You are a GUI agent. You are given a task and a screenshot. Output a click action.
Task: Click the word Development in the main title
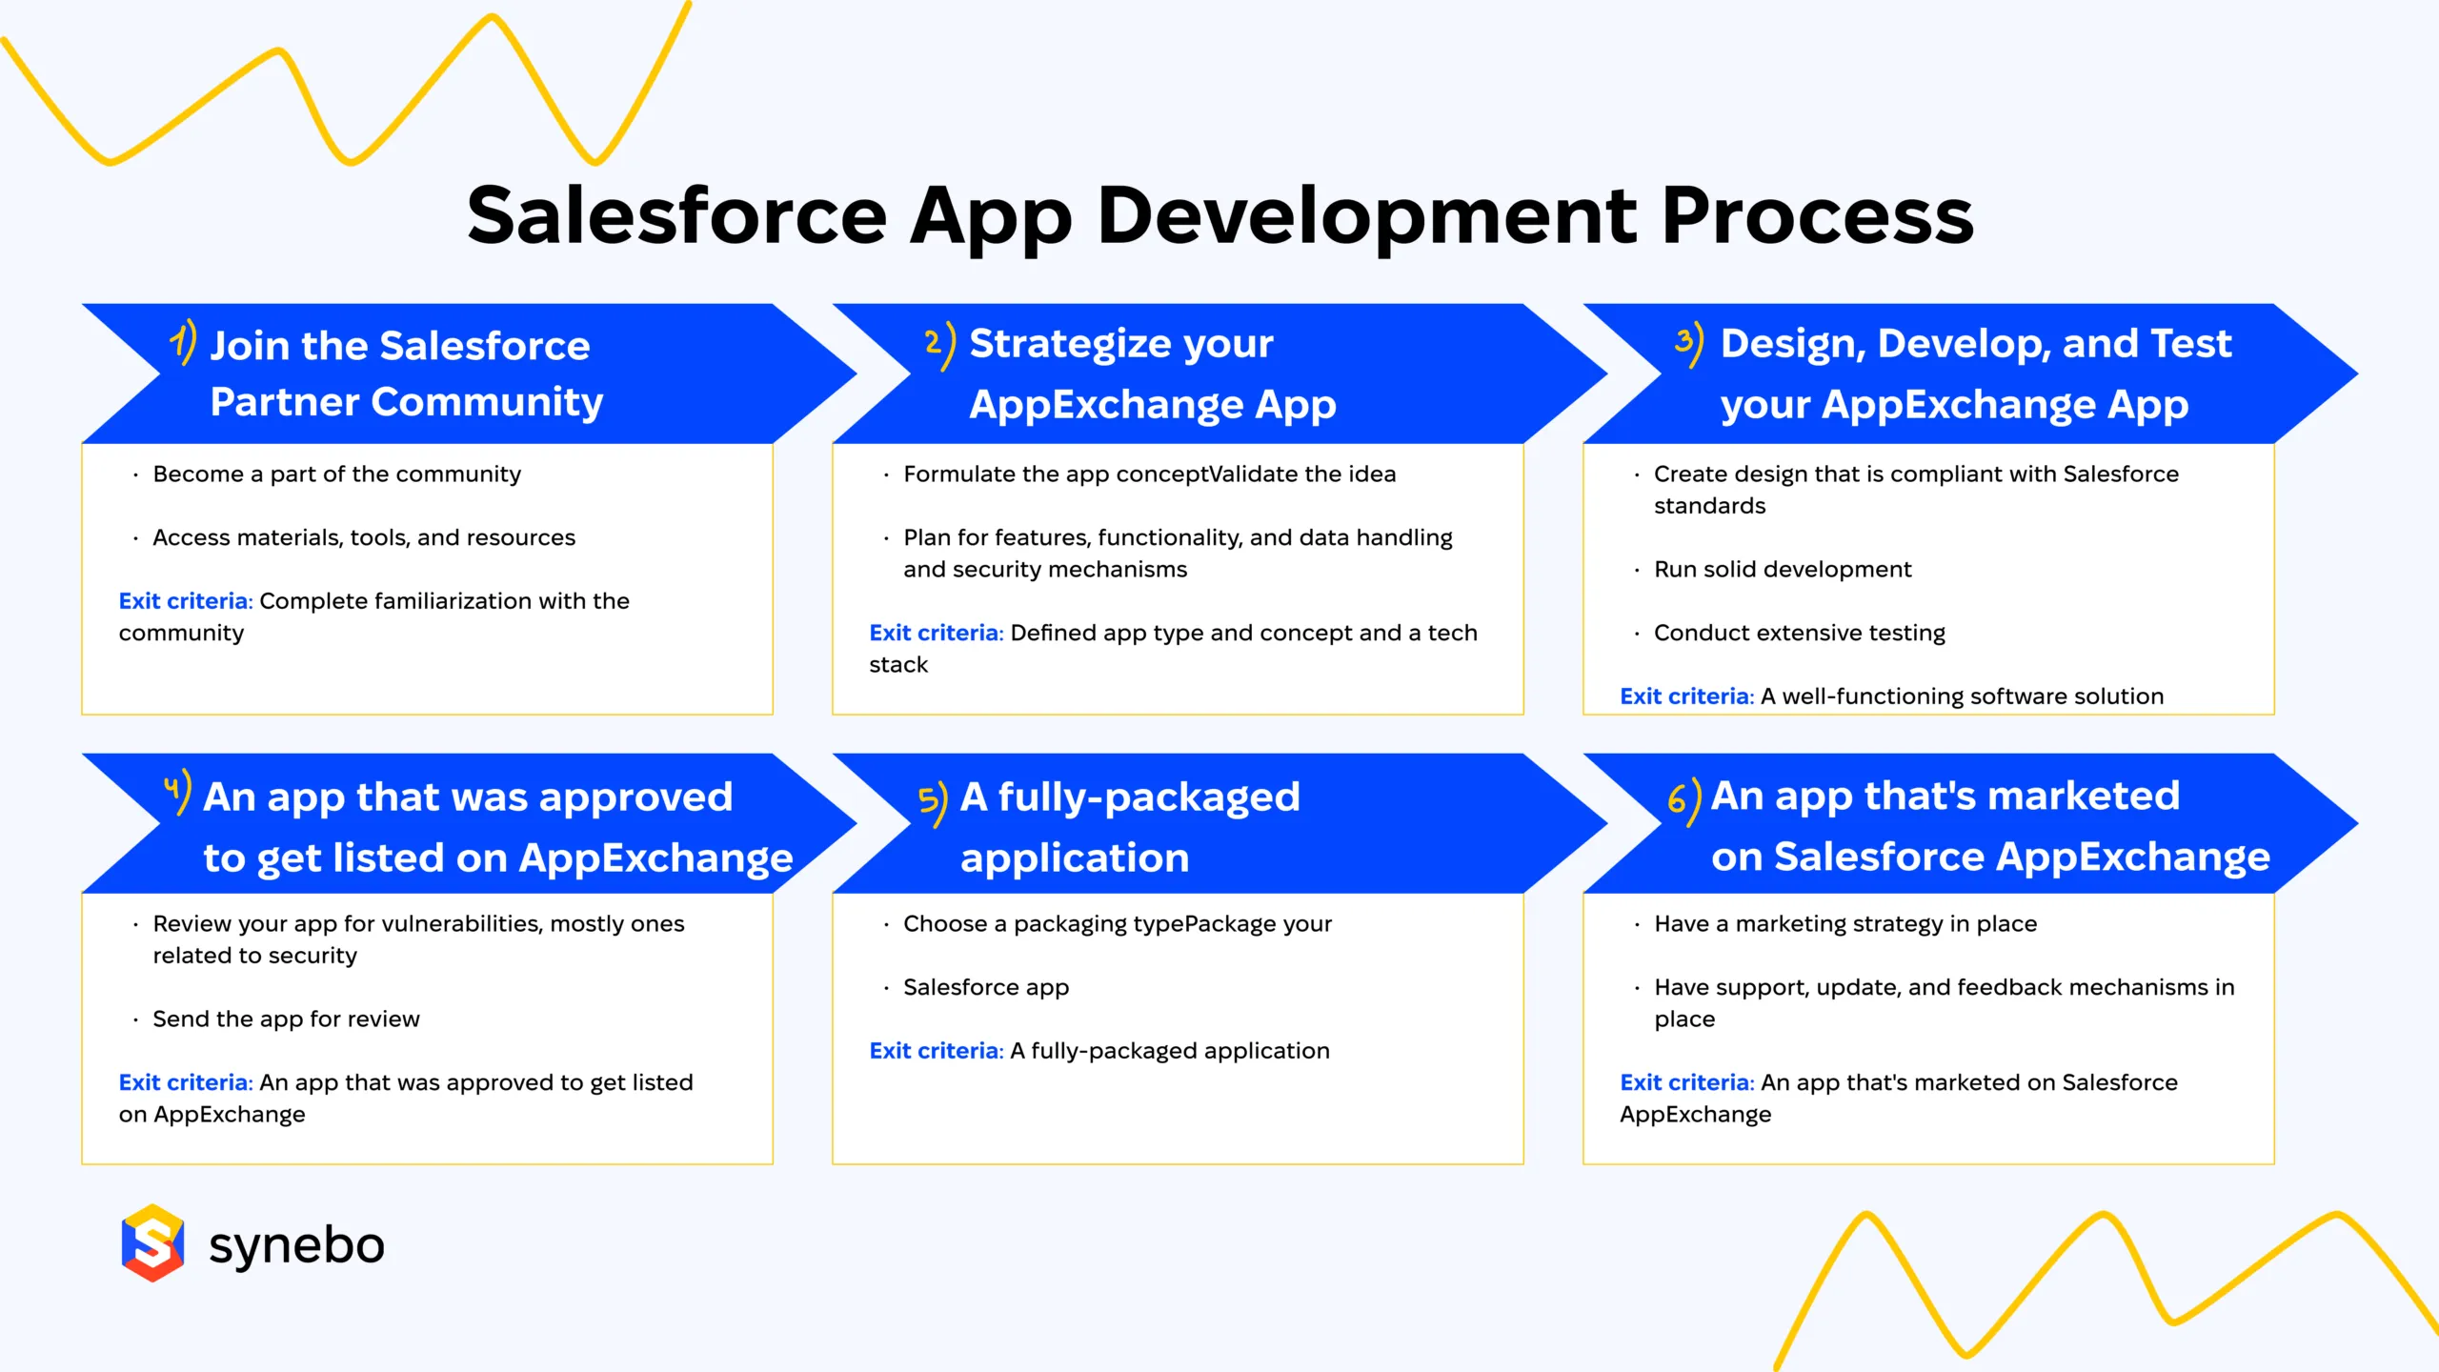1367,217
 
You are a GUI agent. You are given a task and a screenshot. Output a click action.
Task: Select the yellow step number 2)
939,344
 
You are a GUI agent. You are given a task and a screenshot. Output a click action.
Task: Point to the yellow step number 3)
1689,344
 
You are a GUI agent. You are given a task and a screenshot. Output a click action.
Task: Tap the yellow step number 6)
1683,801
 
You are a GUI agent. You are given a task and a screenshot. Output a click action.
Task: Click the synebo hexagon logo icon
152,1243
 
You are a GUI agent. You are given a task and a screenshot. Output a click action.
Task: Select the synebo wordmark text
296,1245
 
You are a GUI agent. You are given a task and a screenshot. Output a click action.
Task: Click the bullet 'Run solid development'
1782,570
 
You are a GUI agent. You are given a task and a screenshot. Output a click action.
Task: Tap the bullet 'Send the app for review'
286,1019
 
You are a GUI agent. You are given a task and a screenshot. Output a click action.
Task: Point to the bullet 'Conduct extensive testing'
1799,634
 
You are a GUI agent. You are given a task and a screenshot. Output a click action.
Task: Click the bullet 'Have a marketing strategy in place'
1844,924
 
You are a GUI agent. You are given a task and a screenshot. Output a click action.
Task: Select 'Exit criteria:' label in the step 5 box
936,1051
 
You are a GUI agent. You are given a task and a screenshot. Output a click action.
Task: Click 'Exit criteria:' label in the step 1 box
185,601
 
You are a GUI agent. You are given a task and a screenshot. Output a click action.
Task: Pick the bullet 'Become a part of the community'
336,474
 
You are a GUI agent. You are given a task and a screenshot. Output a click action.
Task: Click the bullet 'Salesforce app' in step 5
985,988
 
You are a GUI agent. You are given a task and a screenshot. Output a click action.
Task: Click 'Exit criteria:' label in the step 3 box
1686,696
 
